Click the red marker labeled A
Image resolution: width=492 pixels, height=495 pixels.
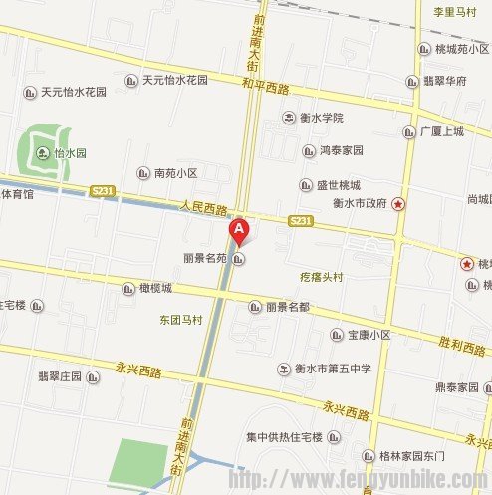(x=239, y=232)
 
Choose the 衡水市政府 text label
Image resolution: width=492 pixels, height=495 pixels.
(x=360, y=204)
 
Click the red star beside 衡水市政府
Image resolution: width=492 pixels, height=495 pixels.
(x=399, y=204)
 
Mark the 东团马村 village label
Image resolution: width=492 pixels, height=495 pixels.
(x=180, y=320)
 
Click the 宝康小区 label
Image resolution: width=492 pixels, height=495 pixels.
(x=369, y=336)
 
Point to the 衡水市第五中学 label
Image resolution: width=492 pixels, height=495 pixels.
(x=333, y=369)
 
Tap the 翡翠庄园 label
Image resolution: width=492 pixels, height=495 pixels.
(x=59, y=376)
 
